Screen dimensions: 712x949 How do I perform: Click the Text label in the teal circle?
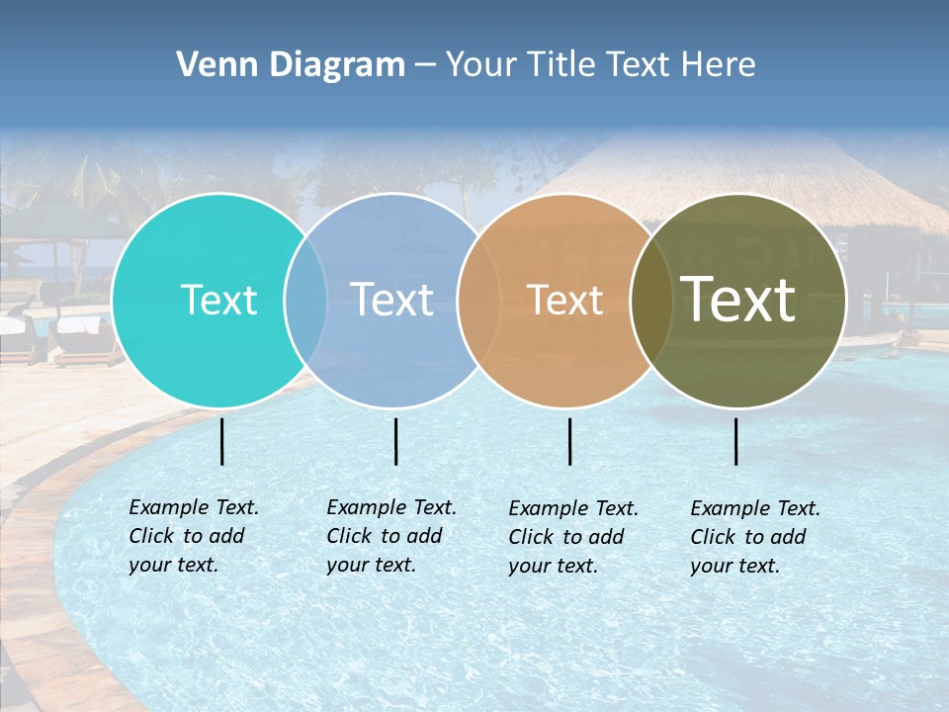(218, 300)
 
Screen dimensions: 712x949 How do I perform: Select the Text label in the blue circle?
(391, 300)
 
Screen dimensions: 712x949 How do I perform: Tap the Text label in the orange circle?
(565, 300)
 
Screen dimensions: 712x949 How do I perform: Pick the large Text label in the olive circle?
(738, 300)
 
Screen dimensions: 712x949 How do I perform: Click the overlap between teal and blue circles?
(305, 301)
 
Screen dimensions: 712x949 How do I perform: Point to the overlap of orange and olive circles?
(651, 301)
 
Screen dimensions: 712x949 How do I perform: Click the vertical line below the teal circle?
(222, 441)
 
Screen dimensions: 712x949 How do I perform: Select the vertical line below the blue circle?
(395, 441)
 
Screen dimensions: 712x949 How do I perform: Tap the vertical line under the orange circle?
(570, 441)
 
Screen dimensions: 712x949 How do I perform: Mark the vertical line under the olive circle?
(736, 441)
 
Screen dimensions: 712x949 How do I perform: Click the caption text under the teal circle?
(193, 536)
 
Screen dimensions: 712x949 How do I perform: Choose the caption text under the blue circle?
(390, 536)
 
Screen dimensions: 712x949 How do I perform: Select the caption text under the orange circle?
(572, 537)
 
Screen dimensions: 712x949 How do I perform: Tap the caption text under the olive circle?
(754, 537)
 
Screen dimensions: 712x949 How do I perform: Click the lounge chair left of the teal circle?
(79, 336)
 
